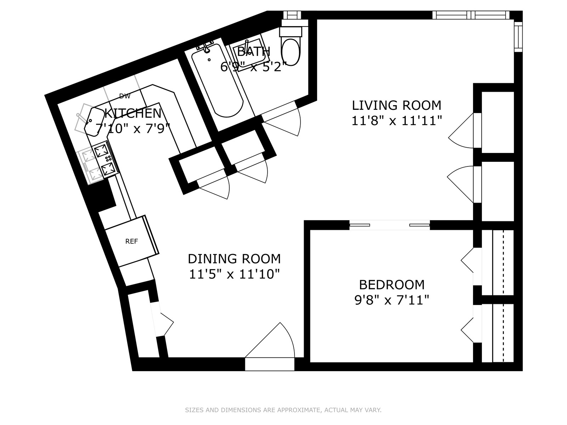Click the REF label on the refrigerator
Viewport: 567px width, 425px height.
click(131, 242)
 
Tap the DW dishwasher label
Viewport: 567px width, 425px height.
click(125, 96)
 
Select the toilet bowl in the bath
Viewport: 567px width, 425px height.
click(291, 53)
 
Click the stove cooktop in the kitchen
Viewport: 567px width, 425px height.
click(106, 159)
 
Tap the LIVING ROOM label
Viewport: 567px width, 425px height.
click(397, 106)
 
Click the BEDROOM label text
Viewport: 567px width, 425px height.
click(392, 285)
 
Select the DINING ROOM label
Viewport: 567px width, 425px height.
click(234, 259)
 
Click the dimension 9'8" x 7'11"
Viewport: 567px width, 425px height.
click(392, 300)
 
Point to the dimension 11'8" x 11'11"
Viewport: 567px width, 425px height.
click(397, 120)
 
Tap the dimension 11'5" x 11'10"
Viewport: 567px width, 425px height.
click(234, 274)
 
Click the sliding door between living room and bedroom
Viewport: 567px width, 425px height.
click(389, 225)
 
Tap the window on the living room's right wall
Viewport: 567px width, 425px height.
click(518, 36)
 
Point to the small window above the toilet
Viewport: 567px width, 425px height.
click(292, 15)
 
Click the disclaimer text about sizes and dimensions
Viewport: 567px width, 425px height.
click(283, 410)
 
